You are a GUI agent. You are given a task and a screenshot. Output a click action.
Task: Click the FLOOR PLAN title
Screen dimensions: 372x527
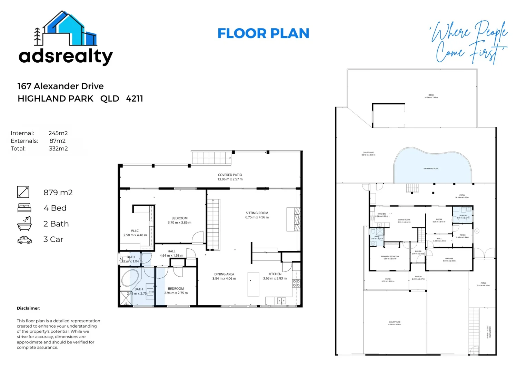pos(263,33)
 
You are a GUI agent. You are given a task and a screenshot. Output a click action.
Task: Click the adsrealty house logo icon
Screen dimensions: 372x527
pos(66,29)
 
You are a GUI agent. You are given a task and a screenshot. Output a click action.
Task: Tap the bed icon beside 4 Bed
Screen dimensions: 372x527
pos(24,208)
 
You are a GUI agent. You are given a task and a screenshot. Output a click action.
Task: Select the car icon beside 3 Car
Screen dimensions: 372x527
pos(24,240)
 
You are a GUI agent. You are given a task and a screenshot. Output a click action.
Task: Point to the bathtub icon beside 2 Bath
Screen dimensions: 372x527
pos(24,224)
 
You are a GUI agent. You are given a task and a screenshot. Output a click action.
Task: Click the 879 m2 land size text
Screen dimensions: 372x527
pos(58,193)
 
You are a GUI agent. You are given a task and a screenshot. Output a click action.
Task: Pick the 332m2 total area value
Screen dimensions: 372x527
pos(58,149)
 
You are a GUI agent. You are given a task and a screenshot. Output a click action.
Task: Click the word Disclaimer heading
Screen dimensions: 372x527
pos(28,308)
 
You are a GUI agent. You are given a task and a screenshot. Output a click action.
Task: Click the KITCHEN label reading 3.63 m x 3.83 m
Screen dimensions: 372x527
pos(275,276)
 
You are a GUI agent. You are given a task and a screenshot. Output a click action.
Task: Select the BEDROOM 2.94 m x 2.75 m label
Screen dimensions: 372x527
pos(176,291)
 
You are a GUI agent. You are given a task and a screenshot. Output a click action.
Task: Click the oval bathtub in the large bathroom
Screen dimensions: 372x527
pos(130,278)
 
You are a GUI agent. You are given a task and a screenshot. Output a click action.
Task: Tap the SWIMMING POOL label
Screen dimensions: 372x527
pos(431,168)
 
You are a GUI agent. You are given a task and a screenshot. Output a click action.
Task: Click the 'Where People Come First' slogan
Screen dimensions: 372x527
pos(469,42)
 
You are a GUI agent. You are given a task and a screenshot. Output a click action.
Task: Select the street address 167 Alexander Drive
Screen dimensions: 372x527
pos(60,86)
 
